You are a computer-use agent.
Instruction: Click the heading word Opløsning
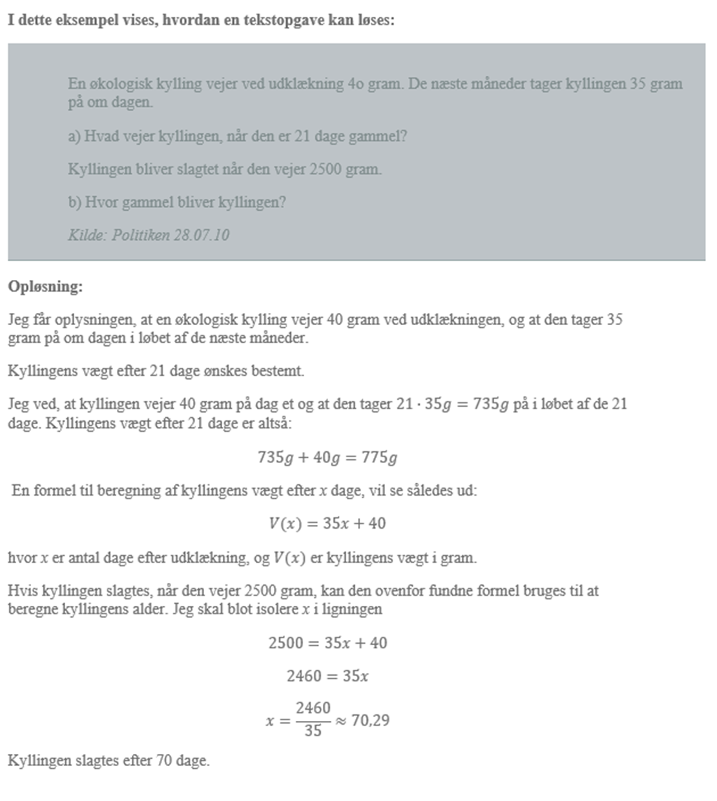(45, 286)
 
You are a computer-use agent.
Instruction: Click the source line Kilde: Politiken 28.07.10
(149, 235)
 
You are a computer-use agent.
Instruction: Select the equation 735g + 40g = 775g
(327, 458)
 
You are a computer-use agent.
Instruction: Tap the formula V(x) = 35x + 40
(327, 523)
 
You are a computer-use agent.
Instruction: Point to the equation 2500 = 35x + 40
(327, 643)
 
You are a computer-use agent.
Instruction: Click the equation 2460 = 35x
(327, 676)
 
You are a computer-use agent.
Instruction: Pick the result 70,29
(370, 720)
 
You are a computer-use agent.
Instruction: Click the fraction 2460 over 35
(313, 719)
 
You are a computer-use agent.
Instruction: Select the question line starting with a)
(237, 136)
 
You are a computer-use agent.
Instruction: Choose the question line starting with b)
(176, 202)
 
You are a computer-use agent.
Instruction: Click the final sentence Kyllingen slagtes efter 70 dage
(109, 760)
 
